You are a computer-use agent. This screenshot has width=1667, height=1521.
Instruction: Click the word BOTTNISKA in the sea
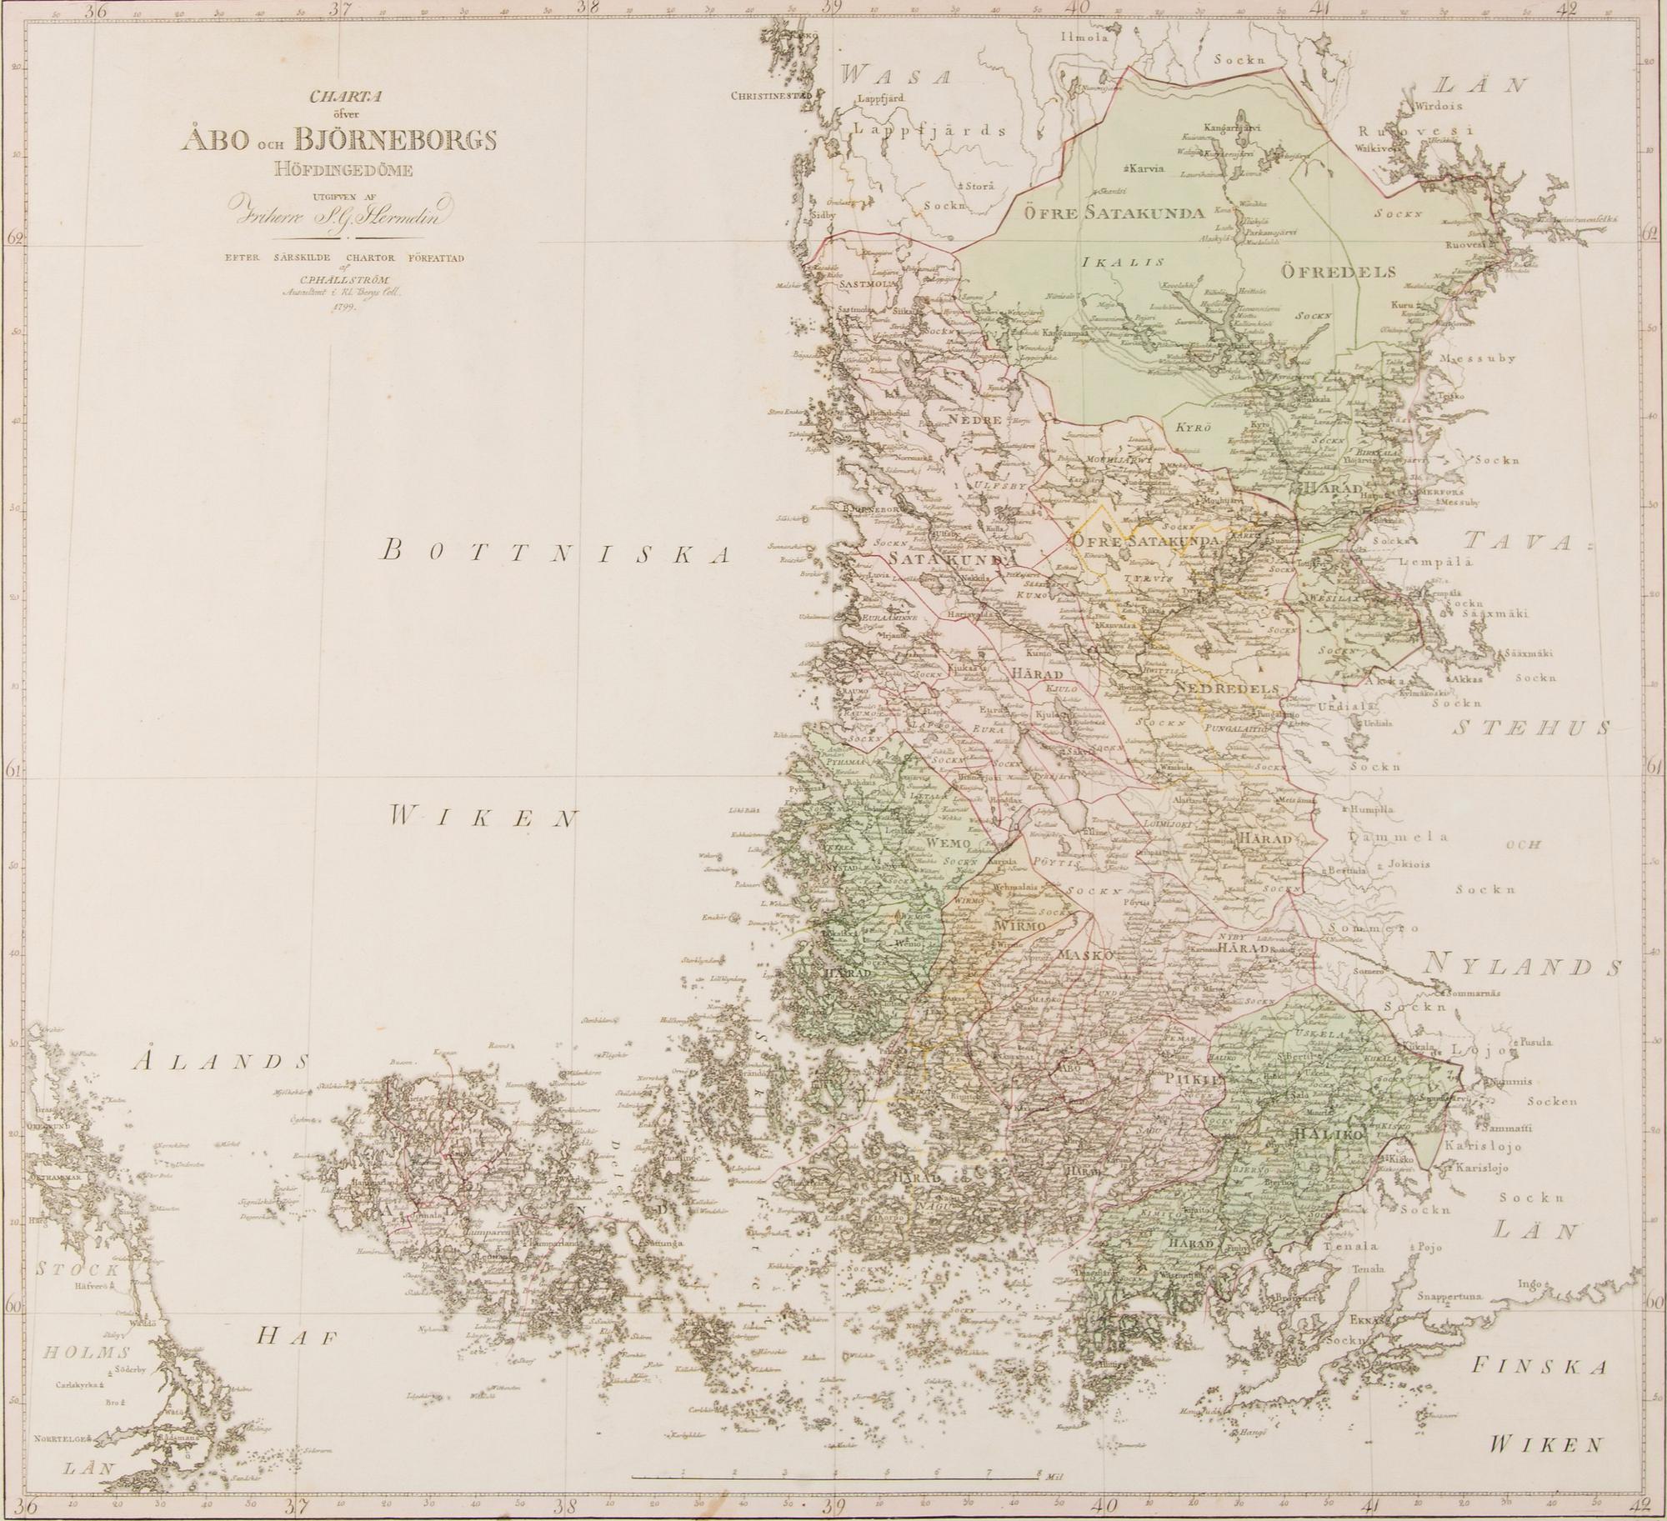[559, 551]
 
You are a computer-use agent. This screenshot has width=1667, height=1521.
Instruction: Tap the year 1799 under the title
[343, 308]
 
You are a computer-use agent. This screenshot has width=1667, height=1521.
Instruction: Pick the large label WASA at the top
[895, 77]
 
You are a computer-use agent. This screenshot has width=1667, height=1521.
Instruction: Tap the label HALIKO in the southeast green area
[1327, 1135]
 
